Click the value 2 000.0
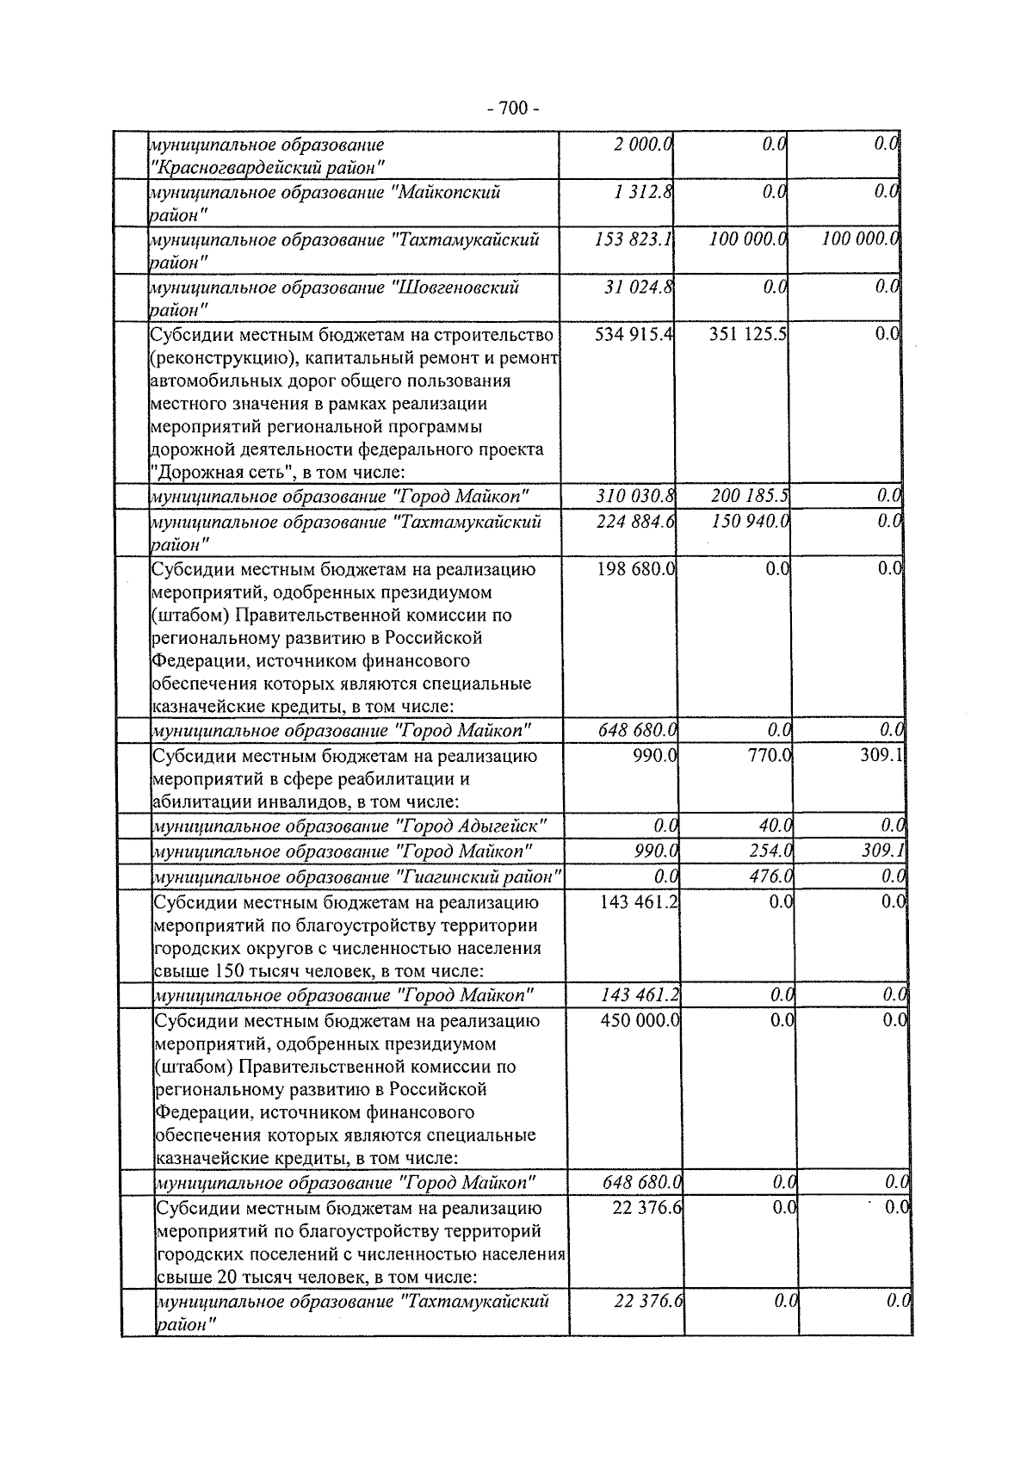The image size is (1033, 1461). [642, 145]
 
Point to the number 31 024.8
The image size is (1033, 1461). [639, 287]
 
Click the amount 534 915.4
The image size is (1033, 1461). [634, 334]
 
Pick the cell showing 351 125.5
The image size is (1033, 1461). [747, 334]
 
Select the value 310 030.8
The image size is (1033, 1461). [635, 496]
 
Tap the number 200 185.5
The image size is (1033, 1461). [750, 496]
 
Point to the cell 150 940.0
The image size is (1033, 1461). [751, 522]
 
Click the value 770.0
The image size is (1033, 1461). [770, 757]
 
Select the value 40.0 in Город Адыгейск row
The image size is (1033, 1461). [775, 826]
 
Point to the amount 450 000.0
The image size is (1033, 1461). [640, 1020]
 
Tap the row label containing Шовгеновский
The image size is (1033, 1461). [335, 297]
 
